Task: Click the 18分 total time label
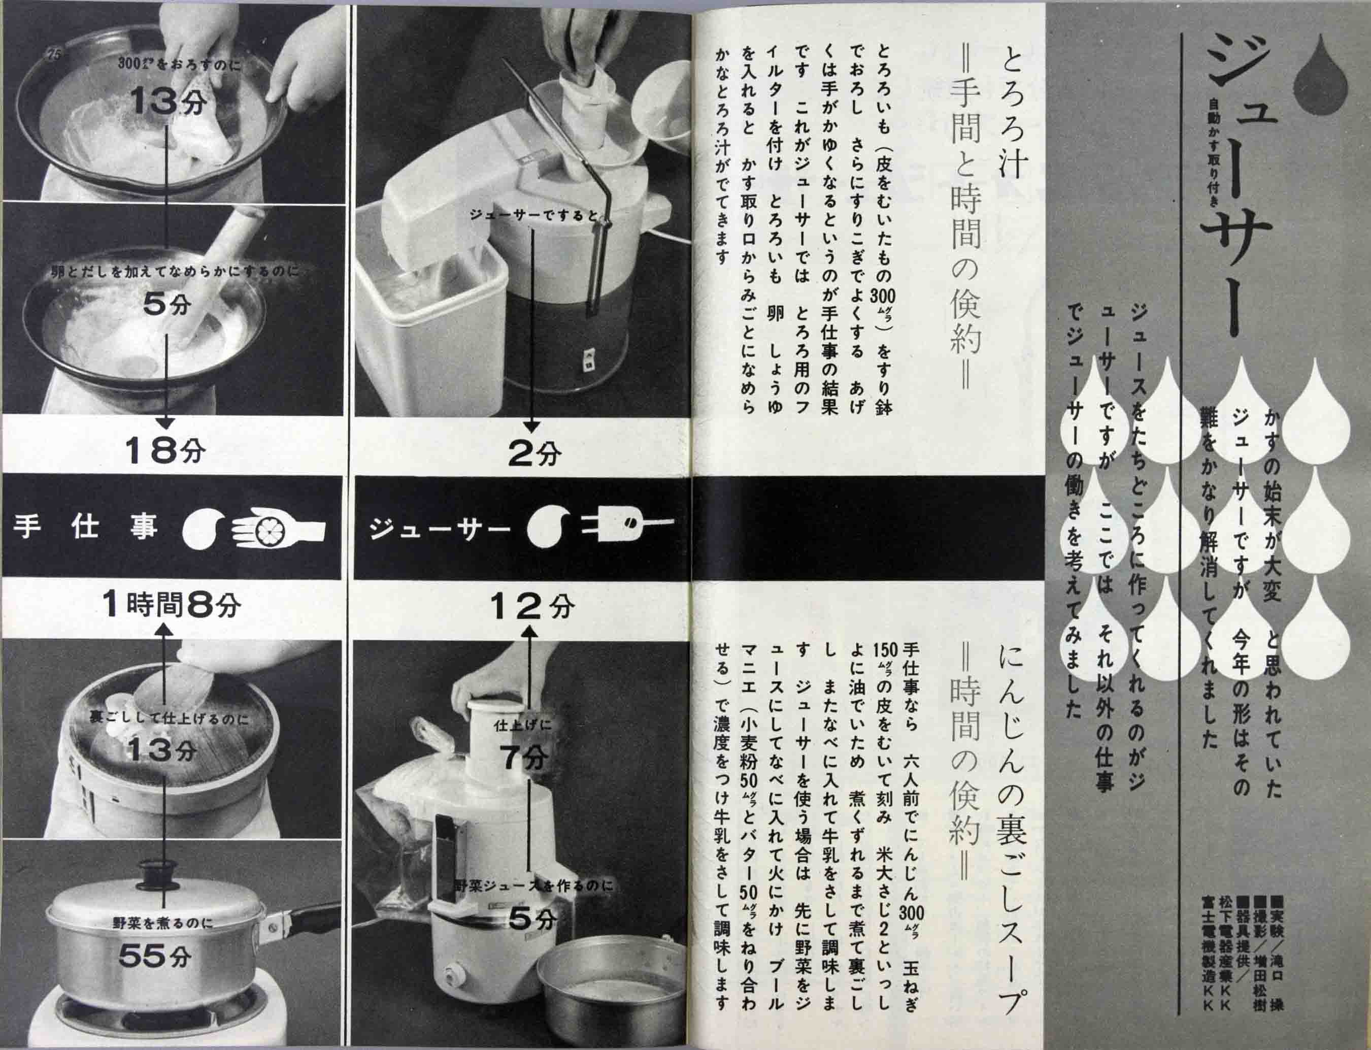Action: click(x=165, y=449)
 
